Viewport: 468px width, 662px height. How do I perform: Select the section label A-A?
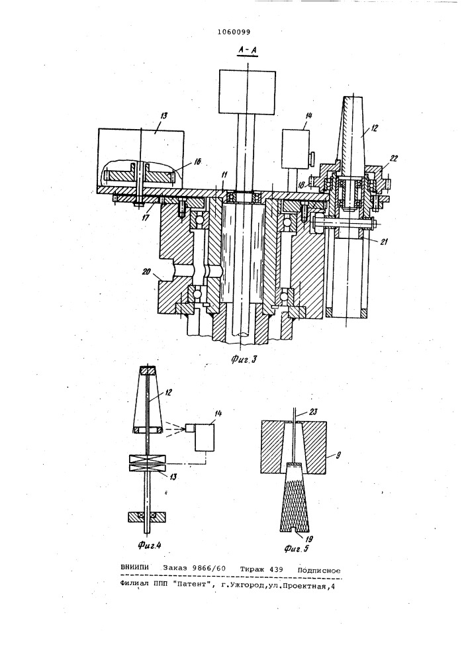click(x=248, y=50)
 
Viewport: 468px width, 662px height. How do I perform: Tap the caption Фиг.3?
click(x=244, y=359)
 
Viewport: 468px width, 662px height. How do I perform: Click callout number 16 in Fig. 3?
click(x=198, y=161)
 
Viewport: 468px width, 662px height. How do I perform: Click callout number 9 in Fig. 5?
click(x=338, y=455)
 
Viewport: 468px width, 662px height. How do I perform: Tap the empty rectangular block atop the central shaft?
click(x=248, y=92)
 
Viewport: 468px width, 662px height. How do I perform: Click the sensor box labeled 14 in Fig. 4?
click(x=205, y=436)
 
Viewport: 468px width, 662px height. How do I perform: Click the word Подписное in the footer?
click(x=319, y=571)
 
